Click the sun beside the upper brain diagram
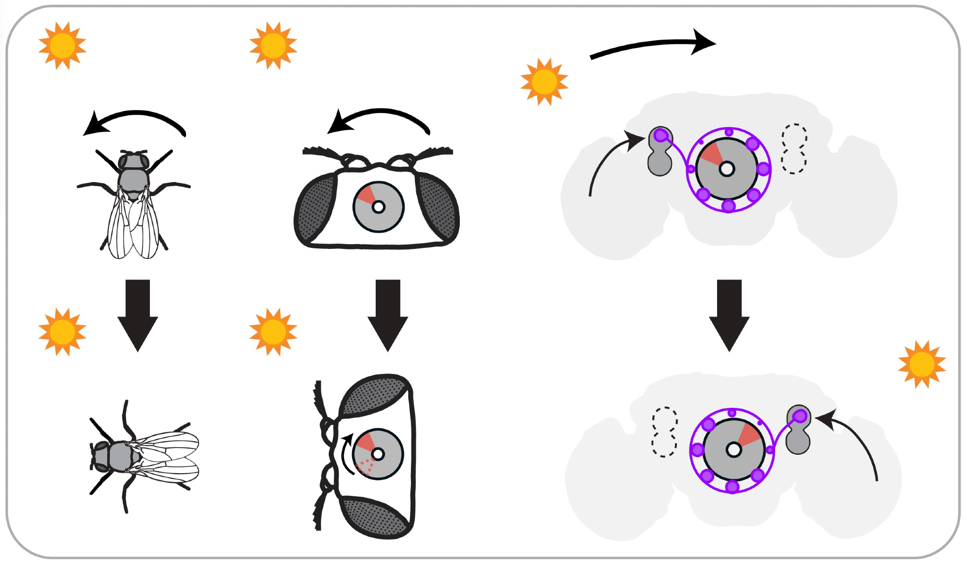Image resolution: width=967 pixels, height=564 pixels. (544, 82)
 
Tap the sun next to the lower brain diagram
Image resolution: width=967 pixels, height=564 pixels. (922, 364)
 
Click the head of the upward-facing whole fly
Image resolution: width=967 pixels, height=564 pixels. (133, 160)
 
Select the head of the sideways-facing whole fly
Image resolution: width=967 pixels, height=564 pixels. (100, 455)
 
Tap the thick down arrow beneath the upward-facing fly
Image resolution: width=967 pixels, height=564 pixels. (138, 314)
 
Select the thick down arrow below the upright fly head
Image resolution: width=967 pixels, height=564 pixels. (388, 314)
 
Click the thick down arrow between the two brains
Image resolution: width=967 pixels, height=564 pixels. (729, 314)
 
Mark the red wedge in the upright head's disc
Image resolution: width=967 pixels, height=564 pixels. (366, 195)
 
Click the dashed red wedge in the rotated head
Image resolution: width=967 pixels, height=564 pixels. (365, 467)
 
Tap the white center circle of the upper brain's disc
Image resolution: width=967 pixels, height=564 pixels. (727, 169)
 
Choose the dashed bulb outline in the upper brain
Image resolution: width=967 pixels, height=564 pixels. (794, 148)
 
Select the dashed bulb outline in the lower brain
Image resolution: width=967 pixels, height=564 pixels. (664, 432)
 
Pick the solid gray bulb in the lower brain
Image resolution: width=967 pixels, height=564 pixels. (798, 430)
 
